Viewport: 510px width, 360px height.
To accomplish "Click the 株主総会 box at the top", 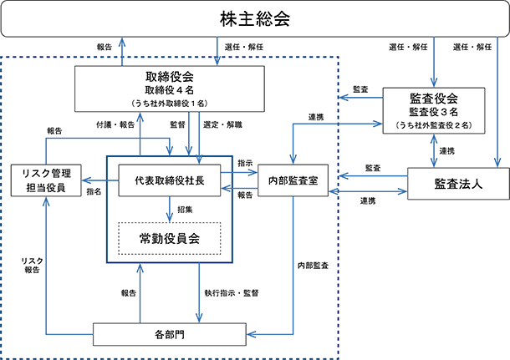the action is tap(255, 18).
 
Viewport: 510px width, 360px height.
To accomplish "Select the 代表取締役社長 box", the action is tap(170, 180).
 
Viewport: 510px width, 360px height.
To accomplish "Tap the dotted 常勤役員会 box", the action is tap(170, 239).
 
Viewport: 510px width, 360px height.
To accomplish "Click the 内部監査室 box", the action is tap(293, 180).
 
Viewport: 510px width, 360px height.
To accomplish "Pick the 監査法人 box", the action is tap(458, 184).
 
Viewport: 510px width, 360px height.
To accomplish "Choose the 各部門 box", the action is tap(170, 334).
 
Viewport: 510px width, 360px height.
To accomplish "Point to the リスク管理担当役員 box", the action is tap(46, 180).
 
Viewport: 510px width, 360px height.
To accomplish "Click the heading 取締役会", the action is tap(170, 77).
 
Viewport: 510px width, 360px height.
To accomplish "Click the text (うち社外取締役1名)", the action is tap(170, 104).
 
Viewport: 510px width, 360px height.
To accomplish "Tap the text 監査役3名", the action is tap(434, 112).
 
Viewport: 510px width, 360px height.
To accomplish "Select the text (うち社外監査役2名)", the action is tap(434, 125).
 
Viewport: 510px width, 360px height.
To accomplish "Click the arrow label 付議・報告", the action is tap(115, 124).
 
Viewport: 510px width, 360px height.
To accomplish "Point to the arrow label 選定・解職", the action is tap(222, 124).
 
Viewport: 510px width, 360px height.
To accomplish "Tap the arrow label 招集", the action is tap(185, 210).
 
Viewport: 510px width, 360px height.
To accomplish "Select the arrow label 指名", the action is tap(94, 192).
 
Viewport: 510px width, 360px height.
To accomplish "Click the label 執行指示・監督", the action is tap(232, 293).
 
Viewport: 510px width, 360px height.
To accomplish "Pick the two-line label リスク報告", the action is tap(33, 265).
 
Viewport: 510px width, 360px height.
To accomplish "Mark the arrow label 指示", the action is tap(245, 163).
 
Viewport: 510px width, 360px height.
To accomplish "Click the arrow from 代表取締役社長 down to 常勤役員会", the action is tap(170, 210).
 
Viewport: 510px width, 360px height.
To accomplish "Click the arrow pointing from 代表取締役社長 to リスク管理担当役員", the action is tap(100, 180).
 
